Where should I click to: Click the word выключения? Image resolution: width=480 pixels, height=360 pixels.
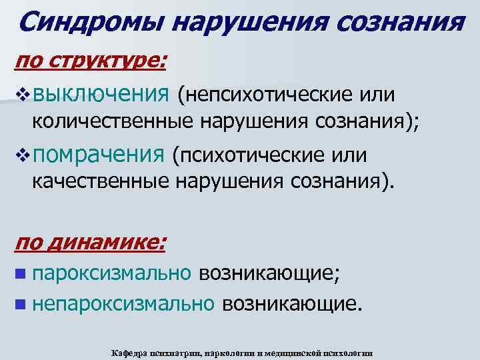(x=100, y=95)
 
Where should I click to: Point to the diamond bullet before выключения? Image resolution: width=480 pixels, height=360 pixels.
(x=22, y=95)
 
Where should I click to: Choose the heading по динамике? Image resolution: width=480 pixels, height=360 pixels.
(x=90, y=242)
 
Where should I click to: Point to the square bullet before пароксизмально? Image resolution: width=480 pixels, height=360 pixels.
(x=22, y=273)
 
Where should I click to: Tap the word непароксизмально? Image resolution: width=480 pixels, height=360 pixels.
(x=123, y=304)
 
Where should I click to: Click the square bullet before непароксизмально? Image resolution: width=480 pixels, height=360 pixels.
(x=22, y=305)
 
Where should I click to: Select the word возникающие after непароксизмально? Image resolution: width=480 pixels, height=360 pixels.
(x=292, y=304)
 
